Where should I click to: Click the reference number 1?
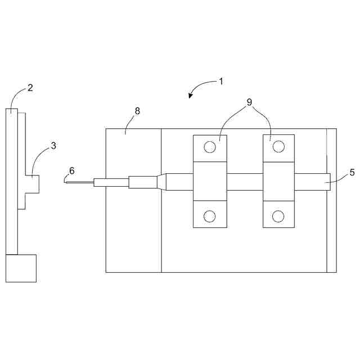click(221, 81)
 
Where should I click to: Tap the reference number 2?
click(30, 88)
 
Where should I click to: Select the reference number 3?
click(53, 146)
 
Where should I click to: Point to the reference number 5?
click(352, 173)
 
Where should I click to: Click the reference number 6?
click(71, 170)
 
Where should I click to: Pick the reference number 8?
click(137, 111)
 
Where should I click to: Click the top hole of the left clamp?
click(210, 147)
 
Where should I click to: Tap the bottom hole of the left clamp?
click(210, 215)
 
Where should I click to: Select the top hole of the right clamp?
click(278, 147)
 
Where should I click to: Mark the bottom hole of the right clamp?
click(278, 215)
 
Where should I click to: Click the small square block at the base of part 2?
click(21, 268)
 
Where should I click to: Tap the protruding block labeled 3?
click(33, 184)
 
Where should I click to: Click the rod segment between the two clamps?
click(245, 182)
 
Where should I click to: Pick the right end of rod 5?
click(328, 182)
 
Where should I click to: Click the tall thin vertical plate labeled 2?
click(12, 180)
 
